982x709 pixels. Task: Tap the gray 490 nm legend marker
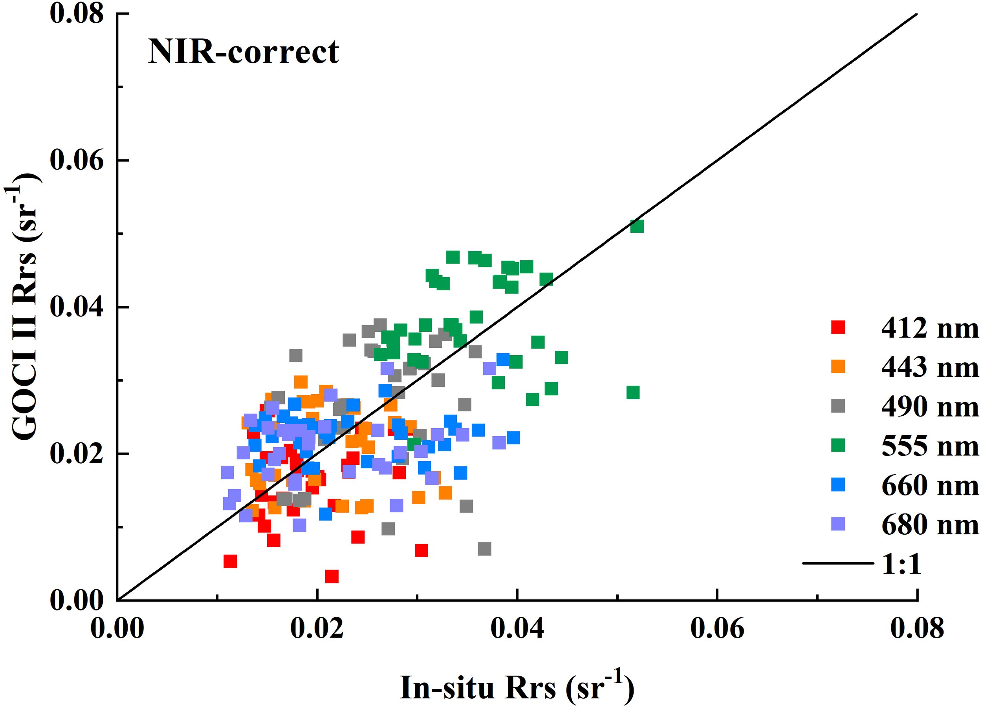(x=838, y=406)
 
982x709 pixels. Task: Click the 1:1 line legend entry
(x=901, y=564)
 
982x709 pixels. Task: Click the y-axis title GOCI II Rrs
(x=24, y=307)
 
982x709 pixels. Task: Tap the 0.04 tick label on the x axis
(x=517, y=628)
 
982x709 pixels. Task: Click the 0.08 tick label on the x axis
(x=917, y=628)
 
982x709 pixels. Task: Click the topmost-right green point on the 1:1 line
(x=636, y=226)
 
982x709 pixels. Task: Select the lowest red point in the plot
(x=332, y=577)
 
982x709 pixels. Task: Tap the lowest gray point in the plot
(x=484, y=549)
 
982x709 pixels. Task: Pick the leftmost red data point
(x=230, y=561)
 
